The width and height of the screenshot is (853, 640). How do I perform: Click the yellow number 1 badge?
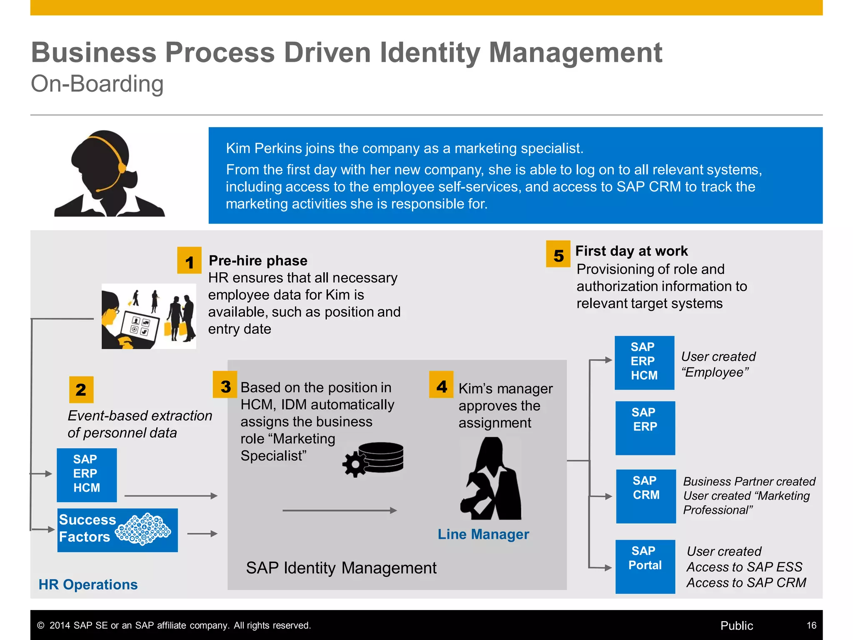coord(190,260)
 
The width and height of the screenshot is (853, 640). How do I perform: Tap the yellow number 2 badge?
coord(81,390)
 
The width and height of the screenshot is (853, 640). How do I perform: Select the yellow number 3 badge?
coord(225,385)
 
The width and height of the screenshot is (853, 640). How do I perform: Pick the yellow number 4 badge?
coord(441,385)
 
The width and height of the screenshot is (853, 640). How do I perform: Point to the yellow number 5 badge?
coord(558,254)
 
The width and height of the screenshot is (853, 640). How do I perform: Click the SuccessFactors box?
coord(117,530)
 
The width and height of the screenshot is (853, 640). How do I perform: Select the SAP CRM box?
coord(646,496)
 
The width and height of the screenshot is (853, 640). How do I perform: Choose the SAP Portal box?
coord(645,567)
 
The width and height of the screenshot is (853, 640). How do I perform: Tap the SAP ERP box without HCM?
coord(645,428)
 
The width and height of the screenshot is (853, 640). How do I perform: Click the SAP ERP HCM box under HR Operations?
coord(87,475)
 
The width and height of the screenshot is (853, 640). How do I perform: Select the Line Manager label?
coord(483,534)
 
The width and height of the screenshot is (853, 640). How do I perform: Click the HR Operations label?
coord(88,585)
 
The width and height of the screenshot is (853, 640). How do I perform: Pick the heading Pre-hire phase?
coord(258,260)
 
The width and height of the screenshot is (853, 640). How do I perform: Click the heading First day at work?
coord(631,251)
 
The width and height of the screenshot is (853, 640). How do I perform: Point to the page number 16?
coord(811,625)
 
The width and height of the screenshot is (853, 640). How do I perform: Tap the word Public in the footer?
coord(736,625)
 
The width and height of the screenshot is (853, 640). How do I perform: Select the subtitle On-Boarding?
coord(97,84)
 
